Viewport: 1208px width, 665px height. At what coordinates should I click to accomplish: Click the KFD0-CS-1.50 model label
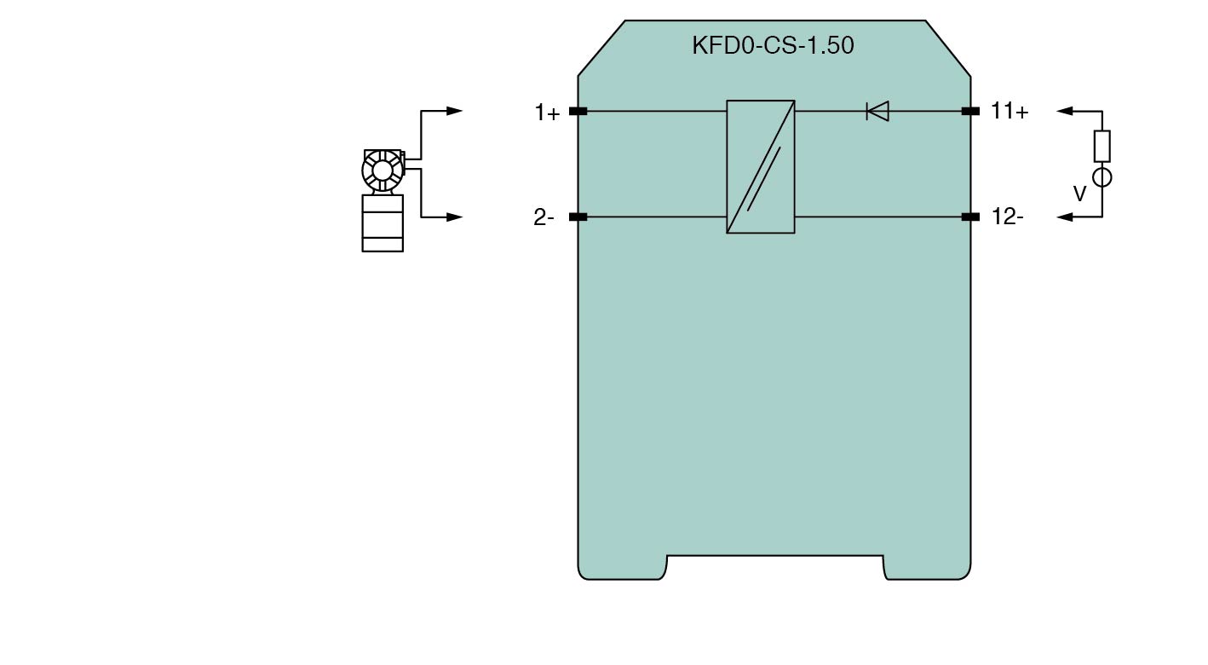pos(773,45)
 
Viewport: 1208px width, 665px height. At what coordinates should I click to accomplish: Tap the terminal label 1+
pos(547,113)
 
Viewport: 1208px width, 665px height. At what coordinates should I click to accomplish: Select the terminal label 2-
pos(544,217)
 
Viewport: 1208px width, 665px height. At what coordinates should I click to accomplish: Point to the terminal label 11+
pos(1010,111)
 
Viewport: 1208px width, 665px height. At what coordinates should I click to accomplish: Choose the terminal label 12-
pos(1008,217)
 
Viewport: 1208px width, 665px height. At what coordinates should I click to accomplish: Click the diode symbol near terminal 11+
pos(877,111)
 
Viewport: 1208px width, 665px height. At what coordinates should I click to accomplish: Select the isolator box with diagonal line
pos(761,167)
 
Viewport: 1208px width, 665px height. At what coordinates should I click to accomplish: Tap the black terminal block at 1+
pos(578,111)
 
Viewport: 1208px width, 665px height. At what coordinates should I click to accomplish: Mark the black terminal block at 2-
pos(578,217)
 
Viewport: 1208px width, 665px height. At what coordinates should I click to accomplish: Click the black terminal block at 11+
pos(970,111)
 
